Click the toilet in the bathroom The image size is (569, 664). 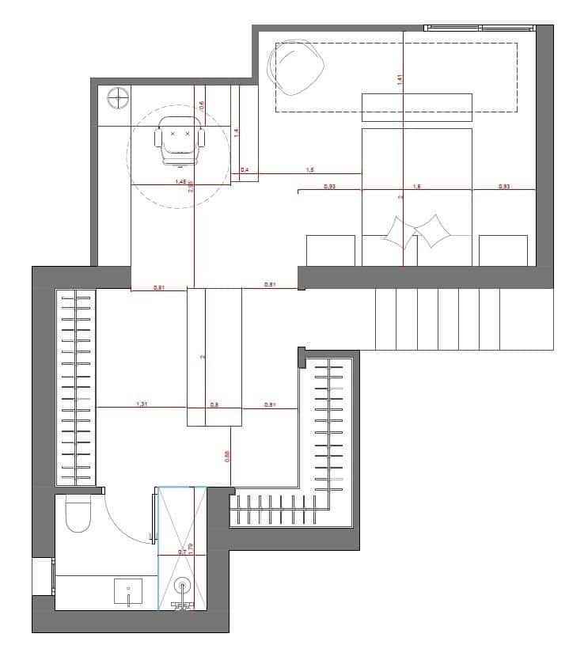pyautogui.click(x=79, y=514)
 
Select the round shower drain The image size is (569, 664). pyautogui.click(x=183, y=586)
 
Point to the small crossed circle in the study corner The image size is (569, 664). pyautogui.click(x=118, y=98)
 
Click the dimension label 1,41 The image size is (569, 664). pyautogui.click(x=400, y=78)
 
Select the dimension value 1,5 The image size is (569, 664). pyautogui.click(x=309, y=170)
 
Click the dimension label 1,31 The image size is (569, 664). pyautogui.click(x=142, y=404)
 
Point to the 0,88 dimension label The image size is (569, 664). pyautogui.click(x=227, y=456)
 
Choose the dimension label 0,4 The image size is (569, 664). pyautogui.click(x=245, y=170)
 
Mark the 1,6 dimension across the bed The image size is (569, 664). pyautogui.click(x=417, y=187)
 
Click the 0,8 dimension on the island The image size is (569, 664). pyautogui.click(x=214, y=404)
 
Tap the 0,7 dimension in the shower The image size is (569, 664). pyautogui.click(x=182, y=552)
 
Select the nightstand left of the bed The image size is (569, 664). pyautogui.click(x=330, y=250)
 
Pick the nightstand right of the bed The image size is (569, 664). pyautogui.click(x=503, y=250)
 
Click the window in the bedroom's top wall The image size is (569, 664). pyautogui.click(x=480, y=28)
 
